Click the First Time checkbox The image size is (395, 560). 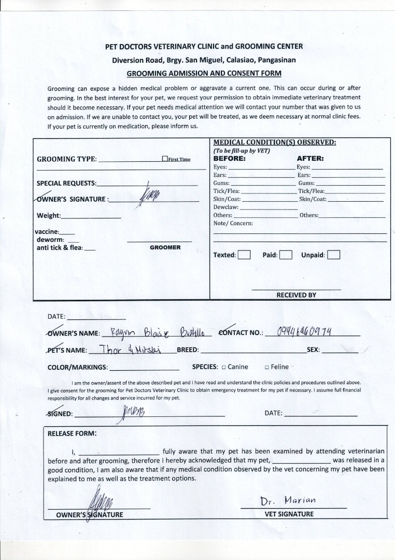point(165,159)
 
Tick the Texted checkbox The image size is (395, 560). point(244,255)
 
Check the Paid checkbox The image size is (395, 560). point(286,255)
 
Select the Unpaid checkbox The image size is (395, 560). point(334,255)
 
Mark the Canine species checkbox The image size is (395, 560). point(223,367)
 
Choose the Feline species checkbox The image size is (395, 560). point(266,367)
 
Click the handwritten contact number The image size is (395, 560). point(305,331)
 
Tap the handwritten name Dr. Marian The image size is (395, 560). point(288,501)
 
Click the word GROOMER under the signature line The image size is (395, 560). point(165,247)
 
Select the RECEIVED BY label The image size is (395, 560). point(296,295)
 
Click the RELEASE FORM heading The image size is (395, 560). point(72,433)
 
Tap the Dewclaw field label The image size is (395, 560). point(226,207)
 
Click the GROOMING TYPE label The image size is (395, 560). point(66,159)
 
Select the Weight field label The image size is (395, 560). point(49,216)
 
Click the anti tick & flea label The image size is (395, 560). point(59,248)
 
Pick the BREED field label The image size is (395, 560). point(188,350)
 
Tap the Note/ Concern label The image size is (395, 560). point(233,223)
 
